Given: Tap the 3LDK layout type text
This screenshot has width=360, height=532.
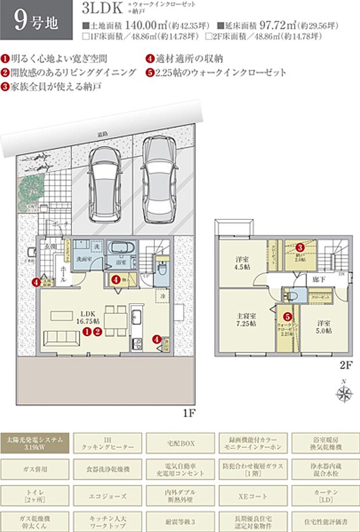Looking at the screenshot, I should [x=102, y=10].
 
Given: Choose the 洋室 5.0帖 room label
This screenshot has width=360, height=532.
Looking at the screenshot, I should [x=324, y=326].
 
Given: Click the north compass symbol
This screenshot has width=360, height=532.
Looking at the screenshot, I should [x=344, y=393].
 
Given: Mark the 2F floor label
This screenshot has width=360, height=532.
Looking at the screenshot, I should [x=347, y=366].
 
